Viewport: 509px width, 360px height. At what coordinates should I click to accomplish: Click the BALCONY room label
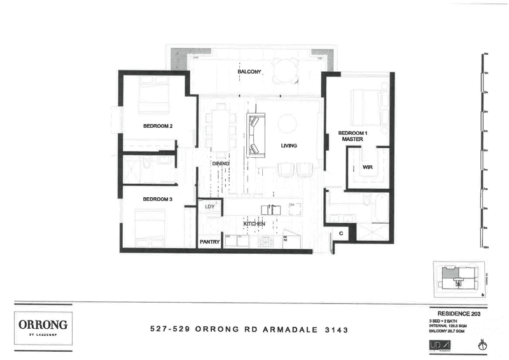249,72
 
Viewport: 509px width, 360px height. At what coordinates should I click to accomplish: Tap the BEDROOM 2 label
158,126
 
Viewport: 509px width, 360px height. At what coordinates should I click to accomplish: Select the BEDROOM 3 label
157,199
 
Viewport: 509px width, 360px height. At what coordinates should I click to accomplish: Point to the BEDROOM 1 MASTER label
351,135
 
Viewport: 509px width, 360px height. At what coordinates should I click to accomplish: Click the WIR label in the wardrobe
367,168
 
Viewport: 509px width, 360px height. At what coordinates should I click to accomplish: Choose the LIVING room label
289,146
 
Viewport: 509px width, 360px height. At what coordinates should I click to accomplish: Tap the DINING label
220,163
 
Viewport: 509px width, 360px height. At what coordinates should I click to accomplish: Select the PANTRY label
209,242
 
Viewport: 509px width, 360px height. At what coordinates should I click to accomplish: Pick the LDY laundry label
209,207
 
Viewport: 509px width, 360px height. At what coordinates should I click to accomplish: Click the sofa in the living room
255,135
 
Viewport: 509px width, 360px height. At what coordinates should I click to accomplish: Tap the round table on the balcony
286,71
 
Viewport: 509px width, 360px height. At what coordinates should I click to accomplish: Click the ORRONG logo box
43,326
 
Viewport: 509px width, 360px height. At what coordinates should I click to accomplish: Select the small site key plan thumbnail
458,279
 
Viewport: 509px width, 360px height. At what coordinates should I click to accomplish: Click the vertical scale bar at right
485,150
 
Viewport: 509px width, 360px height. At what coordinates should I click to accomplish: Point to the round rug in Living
287,123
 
